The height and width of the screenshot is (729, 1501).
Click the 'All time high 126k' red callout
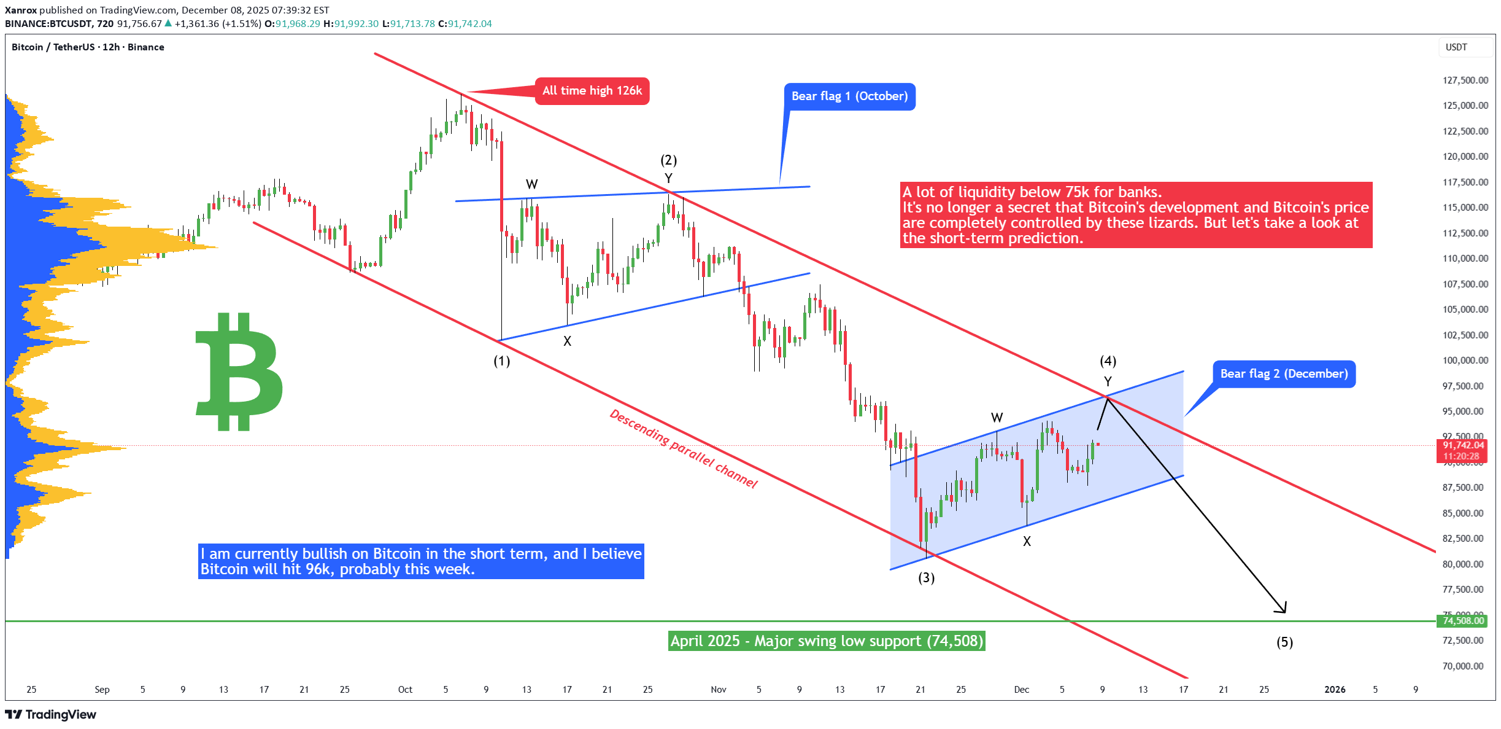click(592, 91)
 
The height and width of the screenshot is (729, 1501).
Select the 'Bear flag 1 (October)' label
click(849, 96)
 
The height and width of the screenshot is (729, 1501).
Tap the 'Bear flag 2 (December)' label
click(1284, 374)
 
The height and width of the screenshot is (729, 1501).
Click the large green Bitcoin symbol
click(239, 372)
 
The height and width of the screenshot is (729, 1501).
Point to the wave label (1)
click(502, 361)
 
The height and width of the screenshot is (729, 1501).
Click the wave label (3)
click(926, 578)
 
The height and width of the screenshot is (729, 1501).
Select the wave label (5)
click(1284, 642)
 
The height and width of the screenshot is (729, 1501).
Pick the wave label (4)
click(1108, 361)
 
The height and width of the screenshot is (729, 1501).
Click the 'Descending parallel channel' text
click(683, 449)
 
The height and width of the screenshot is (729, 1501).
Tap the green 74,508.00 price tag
click(1463, 621)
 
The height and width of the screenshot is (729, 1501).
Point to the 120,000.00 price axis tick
click(1465, 157)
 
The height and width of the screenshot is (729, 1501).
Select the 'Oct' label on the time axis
click(405, 690)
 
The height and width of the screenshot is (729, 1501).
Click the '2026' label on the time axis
click(1335, 690)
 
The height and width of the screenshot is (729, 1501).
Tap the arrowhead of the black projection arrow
click(1283, 610)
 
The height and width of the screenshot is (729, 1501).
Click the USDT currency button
click(1456, 47)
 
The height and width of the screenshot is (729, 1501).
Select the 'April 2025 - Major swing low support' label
click(826, 641)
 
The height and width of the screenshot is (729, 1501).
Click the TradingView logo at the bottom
click(51, 715)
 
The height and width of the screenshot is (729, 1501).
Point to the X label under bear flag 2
click(1027, 542)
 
